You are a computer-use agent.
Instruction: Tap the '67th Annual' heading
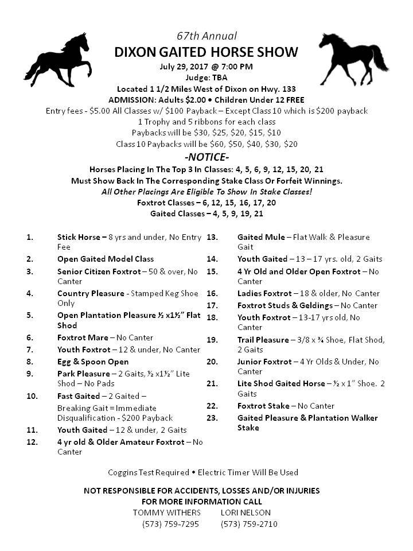pyautogui.click(x=206, y=36)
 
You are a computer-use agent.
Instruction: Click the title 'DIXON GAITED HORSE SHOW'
pyautogui.click(x=206, y=52)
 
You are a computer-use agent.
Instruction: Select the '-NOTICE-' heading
pyautogui.click(x=206, y=157)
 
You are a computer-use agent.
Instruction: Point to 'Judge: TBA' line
pyautogui.click(x=206, y=78)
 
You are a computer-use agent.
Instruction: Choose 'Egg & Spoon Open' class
pyautogui.click(x=93, y=362)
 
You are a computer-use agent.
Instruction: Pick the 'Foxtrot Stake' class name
pyautogui.click(x=263, y=406)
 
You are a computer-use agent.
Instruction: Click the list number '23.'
pyautogui.click(x=212, y=417)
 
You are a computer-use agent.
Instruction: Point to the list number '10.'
pyautogui.click(x=32, y=396)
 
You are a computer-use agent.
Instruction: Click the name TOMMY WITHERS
pyautogui.click(x=167, y=512)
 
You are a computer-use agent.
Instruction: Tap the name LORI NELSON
pyautogui.click(x=246, y=512)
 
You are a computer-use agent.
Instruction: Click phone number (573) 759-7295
pyautogui.click(x=170, y=524)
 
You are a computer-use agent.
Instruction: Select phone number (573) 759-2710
pyautogui.click(x=249, y=524)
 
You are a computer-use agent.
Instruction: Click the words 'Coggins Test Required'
pyautogui.click(x=149, y=472)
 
